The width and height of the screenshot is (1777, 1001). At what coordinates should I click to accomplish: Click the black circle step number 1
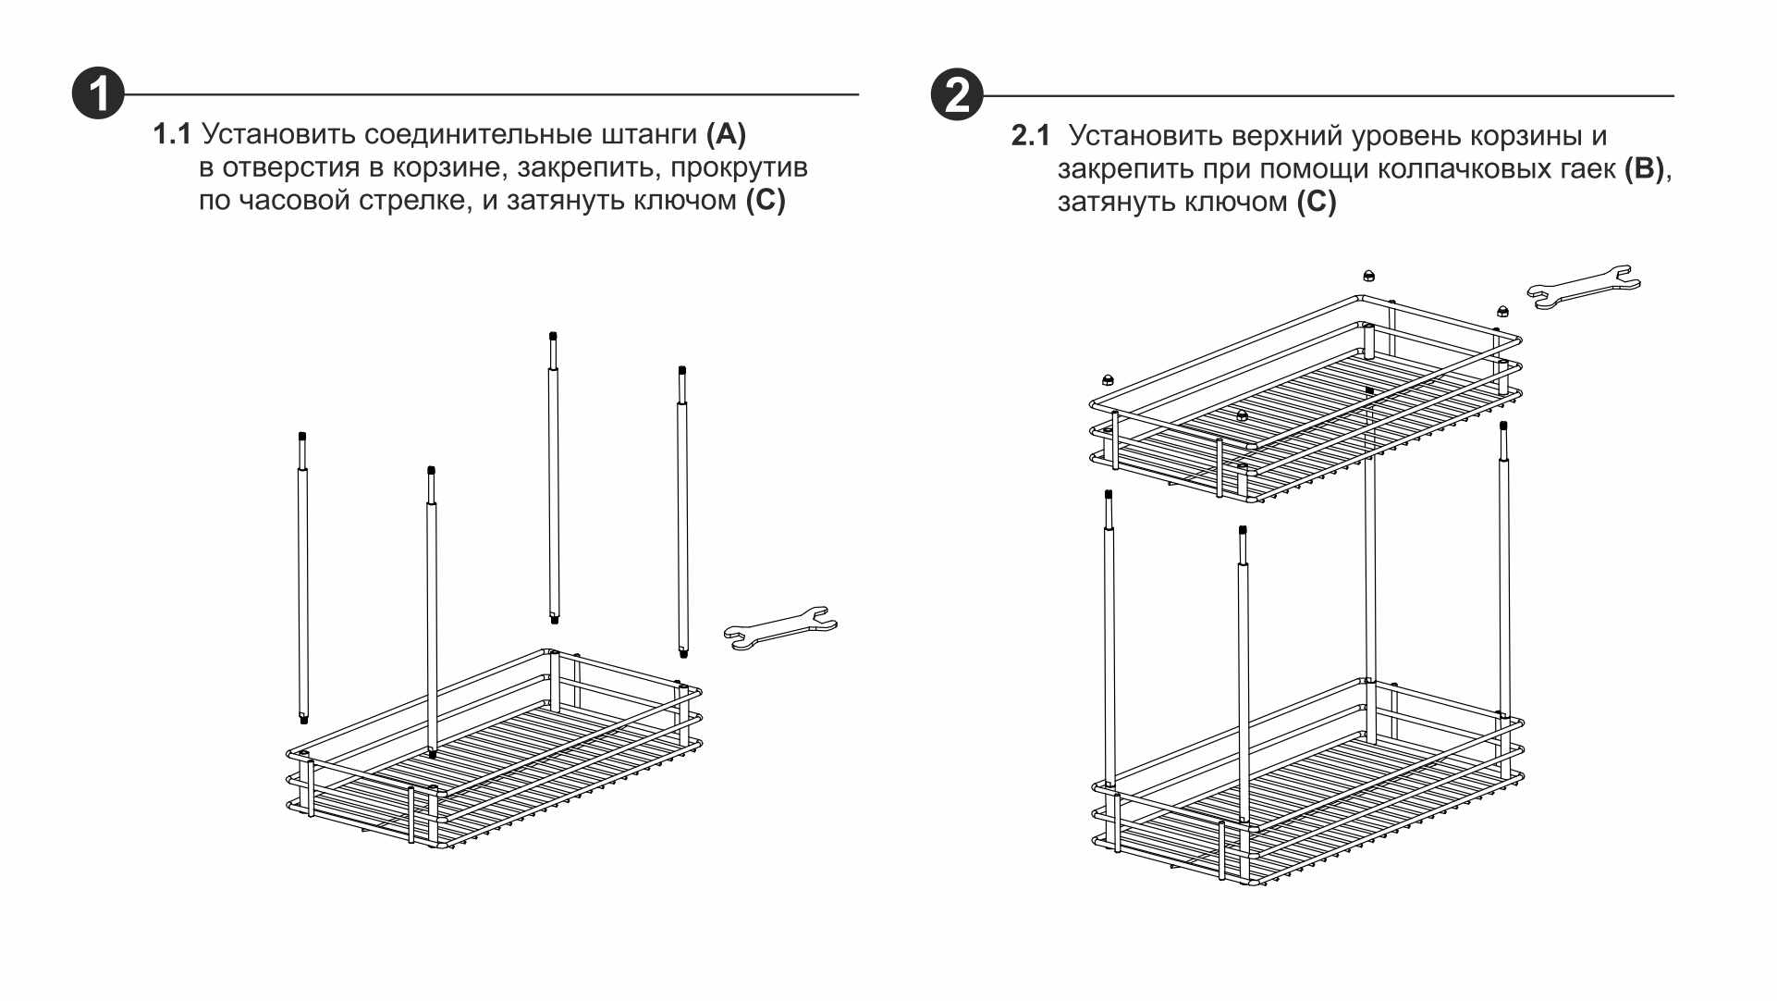(98, 94)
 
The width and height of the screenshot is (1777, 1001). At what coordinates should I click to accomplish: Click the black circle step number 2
(957, 94)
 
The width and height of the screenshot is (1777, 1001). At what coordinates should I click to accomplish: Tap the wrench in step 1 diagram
(779, 629)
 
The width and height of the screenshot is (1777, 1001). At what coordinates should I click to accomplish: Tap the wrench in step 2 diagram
(1583, 287)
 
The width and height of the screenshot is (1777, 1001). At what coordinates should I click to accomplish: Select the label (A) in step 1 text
(726, 135)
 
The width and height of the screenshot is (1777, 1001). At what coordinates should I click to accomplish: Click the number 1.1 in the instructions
(172, 135)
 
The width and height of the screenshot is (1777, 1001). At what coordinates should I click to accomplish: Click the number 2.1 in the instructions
(1030, 137)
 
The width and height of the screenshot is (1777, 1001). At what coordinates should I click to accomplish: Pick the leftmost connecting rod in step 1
(302, 578)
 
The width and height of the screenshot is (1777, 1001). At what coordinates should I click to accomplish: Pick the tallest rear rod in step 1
(553, 476)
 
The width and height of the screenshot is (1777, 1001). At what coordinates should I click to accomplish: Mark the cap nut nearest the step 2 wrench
(1503, 311)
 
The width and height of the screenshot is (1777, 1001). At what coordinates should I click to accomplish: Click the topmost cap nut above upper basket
(1368, 276)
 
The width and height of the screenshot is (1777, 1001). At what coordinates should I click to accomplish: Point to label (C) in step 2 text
(1316, 203)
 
